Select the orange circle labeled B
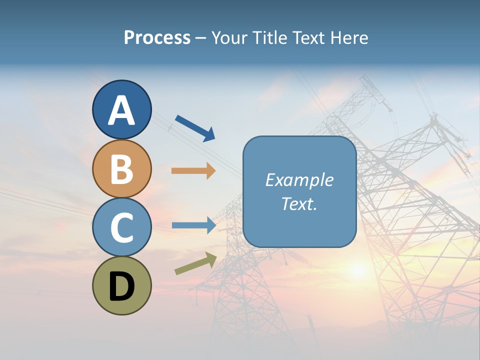[x=122, y=168]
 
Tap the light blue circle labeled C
[x=122, y=227]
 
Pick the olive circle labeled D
[x=122, y=285]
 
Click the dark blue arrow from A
[x=195, y=128]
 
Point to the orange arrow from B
[x=193, y=171]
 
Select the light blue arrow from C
[x=194, y=225]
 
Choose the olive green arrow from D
[x=195, y=263]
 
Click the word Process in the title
[x=157, y=37]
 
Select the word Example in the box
[x=299, y=180]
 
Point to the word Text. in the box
[x=299, y=203]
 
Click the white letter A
[x=122, y=110]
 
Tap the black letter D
[x=122, y=287]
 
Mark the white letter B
[x=122, y=169]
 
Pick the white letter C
[x=122, y=228]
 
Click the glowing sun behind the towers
[x=358, y=270]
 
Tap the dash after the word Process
[x=201, y=38]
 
